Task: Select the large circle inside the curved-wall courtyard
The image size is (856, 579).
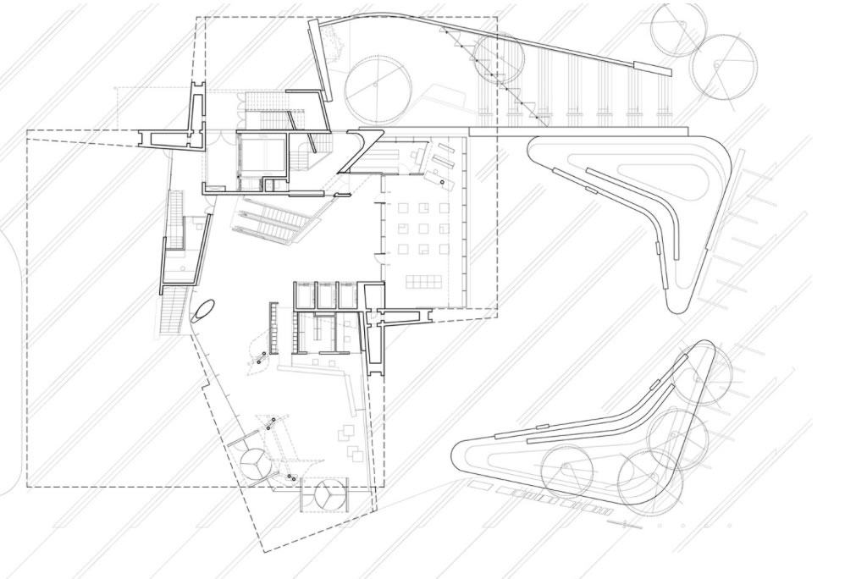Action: coord(378,89)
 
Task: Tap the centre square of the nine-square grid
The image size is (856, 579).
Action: coord(422,227)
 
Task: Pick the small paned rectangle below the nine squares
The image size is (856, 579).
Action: coord(422,281)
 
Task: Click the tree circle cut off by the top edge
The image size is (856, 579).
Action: coord(678,29)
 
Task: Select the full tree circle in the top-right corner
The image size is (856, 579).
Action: coord(722,65)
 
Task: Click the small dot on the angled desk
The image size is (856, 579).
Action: coord(441,180)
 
